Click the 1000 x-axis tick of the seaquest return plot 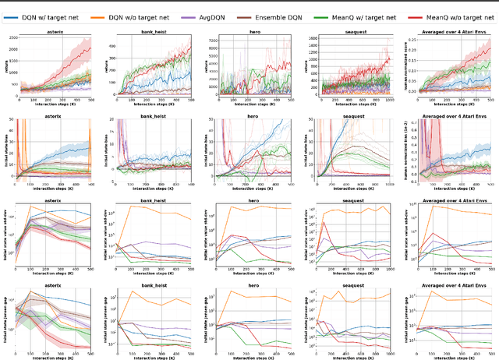click(390, 100)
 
